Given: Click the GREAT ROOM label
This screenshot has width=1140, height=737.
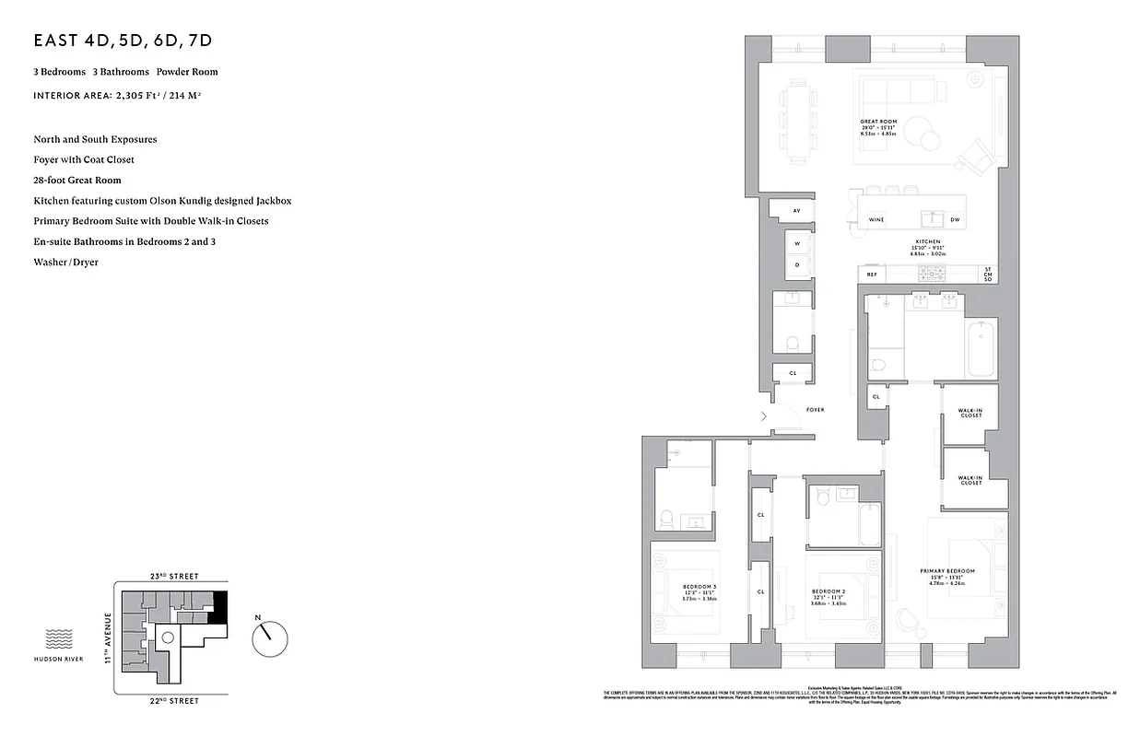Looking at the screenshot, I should tap(877, 122).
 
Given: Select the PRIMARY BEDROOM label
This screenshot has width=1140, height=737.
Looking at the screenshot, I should tap(946, 571).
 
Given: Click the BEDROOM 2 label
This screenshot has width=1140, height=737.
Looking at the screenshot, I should tap(829, 591).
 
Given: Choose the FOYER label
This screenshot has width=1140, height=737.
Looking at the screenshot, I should tap(815, 409).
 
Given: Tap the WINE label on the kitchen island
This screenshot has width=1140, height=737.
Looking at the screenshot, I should tap(876, 219).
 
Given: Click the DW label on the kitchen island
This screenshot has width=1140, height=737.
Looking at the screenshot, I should tap(955, 219).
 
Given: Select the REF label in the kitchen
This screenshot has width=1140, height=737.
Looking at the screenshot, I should tap(871, 274).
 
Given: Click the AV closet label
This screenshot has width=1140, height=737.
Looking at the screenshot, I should tap(796, 211).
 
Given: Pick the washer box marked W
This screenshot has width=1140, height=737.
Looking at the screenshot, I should tap(797, 244).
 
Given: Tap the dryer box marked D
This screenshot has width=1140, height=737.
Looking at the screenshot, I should tap(797, 264).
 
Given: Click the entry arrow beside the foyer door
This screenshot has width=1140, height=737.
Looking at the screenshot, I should tap(763, 416).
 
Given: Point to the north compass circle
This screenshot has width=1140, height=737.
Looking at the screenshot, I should tap(269, 635).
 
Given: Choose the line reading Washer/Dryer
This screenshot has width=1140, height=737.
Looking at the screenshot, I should tap(65, 263).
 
